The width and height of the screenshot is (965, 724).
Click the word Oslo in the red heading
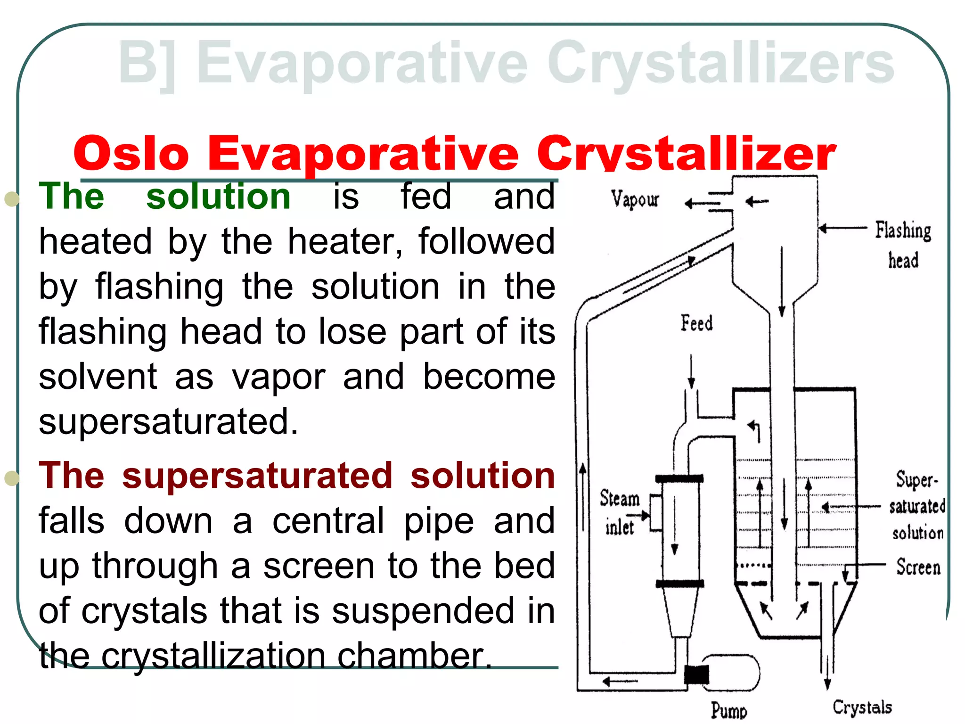coord(131,154)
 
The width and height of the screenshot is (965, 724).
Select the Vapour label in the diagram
coord(635,199)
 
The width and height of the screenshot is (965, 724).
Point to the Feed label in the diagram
coord(696,323)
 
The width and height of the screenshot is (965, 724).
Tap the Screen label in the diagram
coord(918,567)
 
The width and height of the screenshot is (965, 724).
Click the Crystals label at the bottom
coord(862,707)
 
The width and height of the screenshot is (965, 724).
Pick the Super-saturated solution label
coord(917,506)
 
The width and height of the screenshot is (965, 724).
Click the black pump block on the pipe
coord(696,675)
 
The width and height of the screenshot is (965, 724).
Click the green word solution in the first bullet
coord(218,196)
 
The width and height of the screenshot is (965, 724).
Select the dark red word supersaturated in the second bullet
coord(257,475)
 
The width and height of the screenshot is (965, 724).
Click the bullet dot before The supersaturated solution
coord(11,478)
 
